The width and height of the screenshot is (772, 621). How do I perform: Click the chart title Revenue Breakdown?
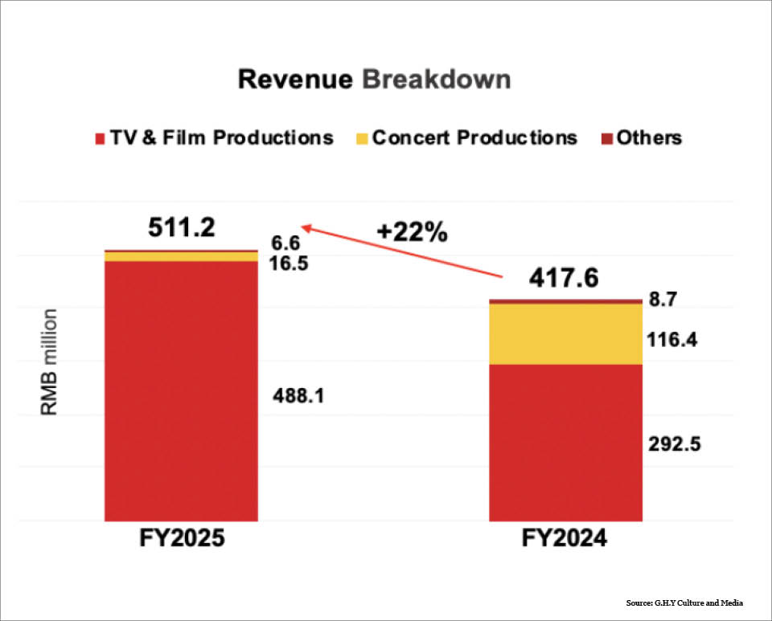(x=374, y=80)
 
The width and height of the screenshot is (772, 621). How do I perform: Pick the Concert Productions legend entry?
(x=466, y=137)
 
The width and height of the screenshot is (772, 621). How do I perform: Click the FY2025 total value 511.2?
(x=182, y=228)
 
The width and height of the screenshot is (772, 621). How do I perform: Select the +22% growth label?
(x=413, y=233)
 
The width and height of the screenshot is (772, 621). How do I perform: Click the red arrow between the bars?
(x=402, y=253)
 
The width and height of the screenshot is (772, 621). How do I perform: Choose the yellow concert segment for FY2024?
(x=566, y=333)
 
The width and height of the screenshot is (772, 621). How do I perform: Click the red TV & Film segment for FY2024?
(x=566, y=442)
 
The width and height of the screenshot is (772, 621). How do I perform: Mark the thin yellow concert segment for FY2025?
(x=181, y=256)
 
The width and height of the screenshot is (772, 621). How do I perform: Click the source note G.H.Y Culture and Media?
(x=684, y=603)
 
